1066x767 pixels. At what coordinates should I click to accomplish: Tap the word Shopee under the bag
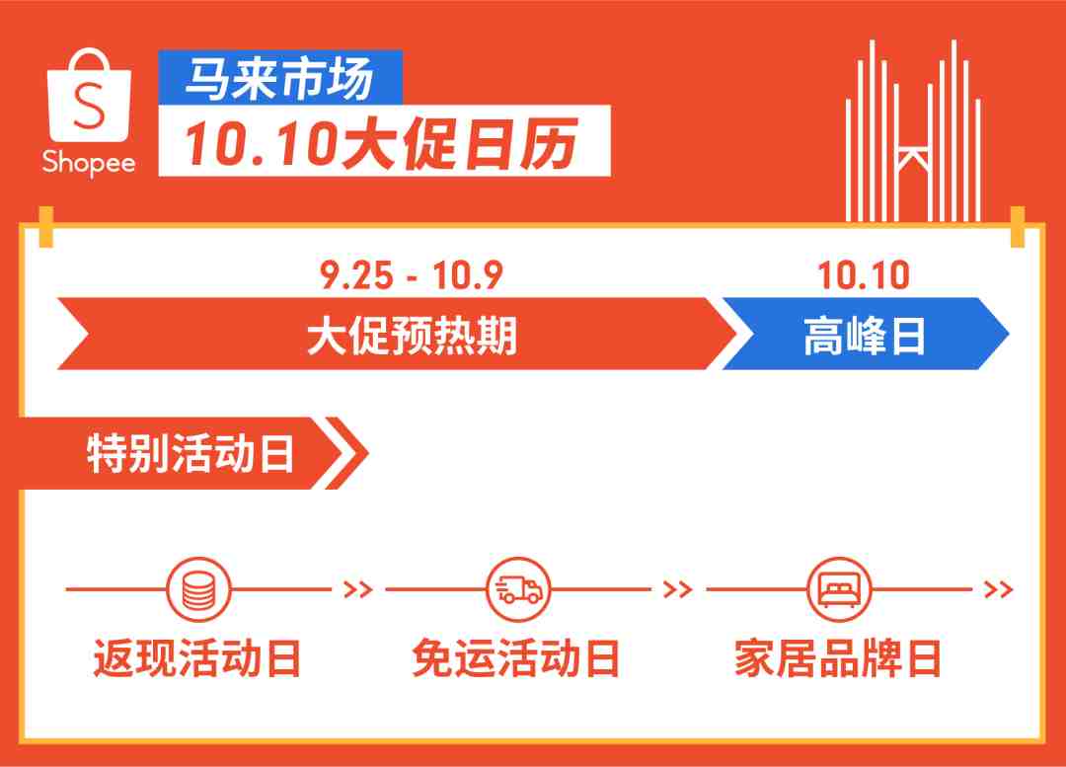click(89, 163)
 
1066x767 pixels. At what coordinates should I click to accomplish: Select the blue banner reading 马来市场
click(280, 78)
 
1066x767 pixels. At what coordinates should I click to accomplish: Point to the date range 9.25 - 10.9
click(412, 275)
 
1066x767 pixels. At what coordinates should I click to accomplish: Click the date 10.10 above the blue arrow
click(864, 275)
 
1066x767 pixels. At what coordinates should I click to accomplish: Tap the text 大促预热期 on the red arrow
click(412, 336)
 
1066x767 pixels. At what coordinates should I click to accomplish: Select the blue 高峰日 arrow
click(865, 334)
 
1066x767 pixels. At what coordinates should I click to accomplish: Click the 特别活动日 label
click(190, 453)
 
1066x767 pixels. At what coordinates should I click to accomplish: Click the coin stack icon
click(198, 589)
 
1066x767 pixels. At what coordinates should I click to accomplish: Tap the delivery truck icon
click(519, 589)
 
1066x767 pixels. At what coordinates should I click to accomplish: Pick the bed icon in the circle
click(839, 589)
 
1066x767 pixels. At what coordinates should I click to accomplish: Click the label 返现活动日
click(197, 658)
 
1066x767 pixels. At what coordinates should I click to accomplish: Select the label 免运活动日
click(516, 658)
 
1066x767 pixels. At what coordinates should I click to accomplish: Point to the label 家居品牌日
click(838, 658)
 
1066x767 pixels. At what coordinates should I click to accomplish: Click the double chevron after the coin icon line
click(358, 589)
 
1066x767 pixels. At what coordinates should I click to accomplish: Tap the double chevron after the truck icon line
click(678, 589)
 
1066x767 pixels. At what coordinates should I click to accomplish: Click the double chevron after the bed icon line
click(999, 589)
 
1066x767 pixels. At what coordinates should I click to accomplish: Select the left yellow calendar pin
click(46, 226)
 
